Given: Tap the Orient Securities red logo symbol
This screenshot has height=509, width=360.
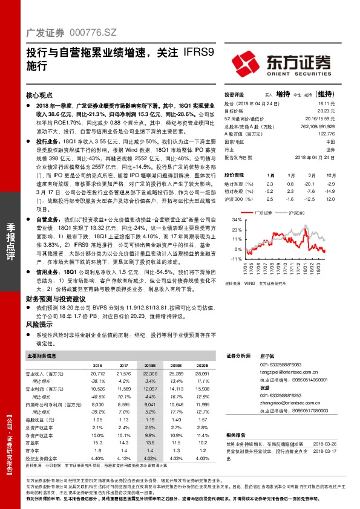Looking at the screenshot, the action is click(246, 63).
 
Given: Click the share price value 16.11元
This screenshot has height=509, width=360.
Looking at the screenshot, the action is click(326, 104).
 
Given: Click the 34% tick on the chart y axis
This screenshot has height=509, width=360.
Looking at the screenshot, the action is click(237, 221).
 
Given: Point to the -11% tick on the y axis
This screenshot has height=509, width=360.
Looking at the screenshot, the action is click(236, 259).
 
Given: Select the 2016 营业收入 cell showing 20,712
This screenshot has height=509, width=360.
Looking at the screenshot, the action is click(97, 375).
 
